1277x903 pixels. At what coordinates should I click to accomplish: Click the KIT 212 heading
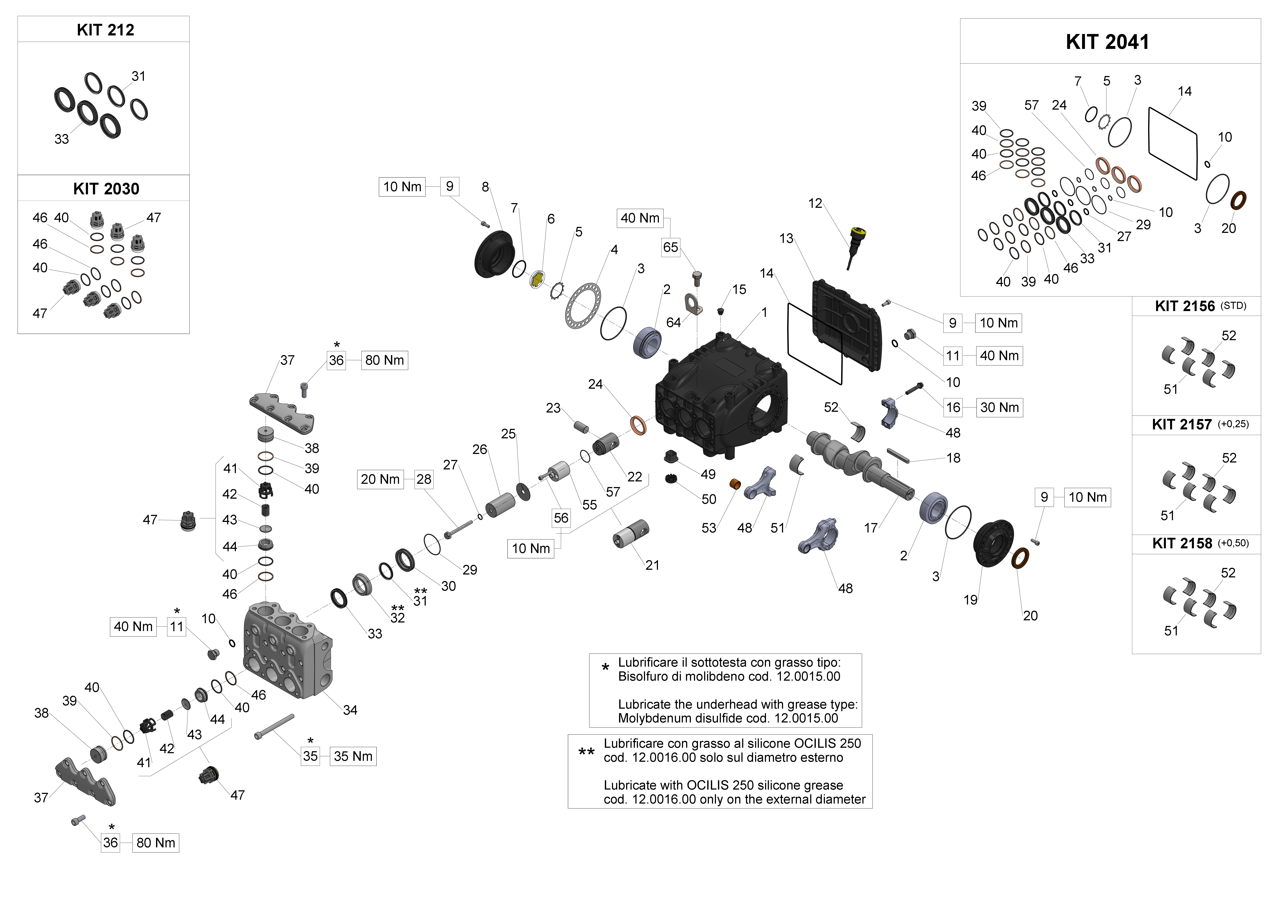coord(105,30)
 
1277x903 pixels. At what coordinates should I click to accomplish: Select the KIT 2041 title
coord(1107,42)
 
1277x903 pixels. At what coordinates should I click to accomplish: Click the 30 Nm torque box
coord(999,408)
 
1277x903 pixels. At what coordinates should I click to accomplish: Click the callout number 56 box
coord(561,518)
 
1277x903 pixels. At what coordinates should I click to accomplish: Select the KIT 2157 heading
coord(1181,425)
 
